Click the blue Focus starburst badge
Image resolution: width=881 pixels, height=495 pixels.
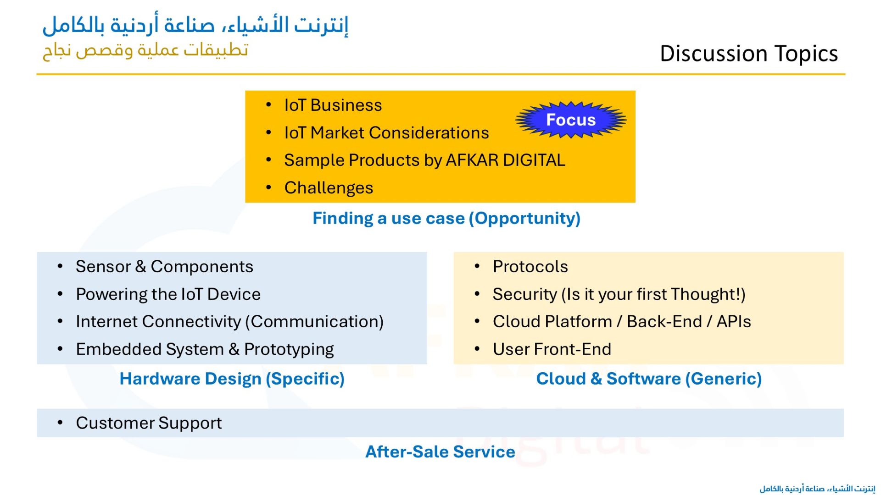[x=571, y=120]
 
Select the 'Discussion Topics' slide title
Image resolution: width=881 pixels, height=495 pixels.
[x=749, y=54]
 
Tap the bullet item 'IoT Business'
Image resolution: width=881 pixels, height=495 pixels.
[x=333, y=105]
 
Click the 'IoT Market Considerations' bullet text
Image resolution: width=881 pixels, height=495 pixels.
[x=386, y=132]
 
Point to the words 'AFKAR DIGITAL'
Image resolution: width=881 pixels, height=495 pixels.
[x=505, y=160]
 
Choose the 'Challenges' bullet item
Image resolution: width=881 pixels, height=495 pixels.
[x=329, y=188]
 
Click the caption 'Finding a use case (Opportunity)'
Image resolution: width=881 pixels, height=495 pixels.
[x=446, y=218]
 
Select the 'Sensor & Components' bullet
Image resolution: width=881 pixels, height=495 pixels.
[x=164, y=267]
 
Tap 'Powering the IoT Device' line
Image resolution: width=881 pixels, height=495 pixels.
[x=168, y=294]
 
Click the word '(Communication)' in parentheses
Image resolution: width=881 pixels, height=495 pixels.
[x=314, y=322]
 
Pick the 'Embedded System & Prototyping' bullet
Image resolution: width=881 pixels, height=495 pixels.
[x=205, y=349]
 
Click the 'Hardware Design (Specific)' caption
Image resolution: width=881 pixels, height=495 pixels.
[x=232, y=379]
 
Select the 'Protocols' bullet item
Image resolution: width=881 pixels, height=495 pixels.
[x=530, y=267]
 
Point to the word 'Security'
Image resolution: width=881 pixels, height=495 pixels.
[x=524, y=294]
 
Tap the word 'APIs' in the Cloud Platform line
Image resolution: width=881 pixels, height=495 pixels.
[x=734, y=322]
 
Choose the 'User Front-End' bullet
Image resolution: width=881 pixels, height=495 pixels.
[x=552, y=349]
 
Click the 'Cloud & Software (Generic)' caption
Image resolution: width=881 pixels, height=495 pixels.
[x=649, y=379]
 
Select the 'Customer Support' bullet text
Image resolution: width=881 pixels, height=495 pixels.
[x=149, y=423]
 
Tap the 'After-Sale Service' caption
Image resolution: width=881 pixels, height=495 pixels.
[x=440, y=452]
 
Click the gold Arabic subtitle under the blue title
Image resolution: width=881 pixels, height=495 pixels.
[x=145, y=49]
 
